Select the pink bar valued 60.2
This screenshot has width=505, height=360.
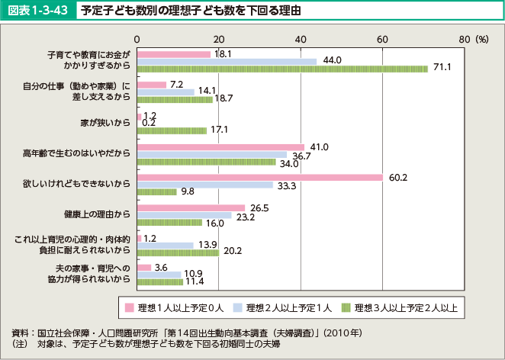click(x=259, y=178)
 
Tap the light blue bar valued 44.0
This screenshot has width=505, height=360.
click(x=227, y=61)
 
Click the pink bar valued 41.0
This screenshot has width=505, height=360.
click(x=220, y=146)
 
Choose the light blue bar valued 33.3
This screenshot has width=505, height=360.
click(x=204, y=185)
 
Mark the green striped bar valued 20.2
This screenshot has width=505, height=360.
click(x=178, y=252)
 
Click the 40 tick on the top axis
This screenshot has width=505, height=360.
click(x=301, y=38)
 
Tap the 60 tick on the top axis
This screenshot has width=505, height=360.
click(x=382, y=38)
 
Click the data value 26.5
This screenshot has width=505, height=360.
click(x=259, y=208)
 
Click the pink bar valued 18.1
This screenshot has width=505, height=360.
click(x=173, y=54)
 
